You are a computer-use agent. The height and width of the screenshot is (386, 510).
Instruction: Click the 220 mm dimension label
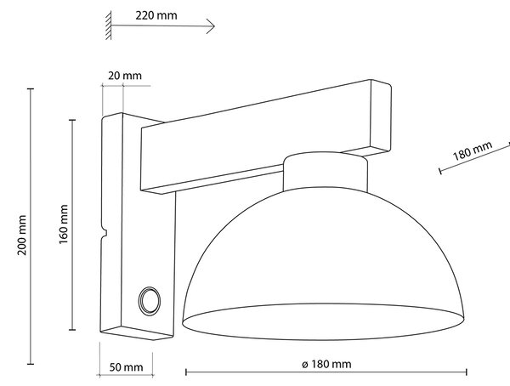pyautogui.click(x=156, y=15)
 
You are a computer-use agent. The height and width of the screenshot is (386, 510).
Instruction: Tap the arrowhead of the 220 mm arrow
pyautogui.click(x=212, y=26)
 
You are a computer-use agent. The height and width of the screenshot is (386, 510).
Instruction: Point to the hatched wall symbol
pyautogui.click(x=109, y=26)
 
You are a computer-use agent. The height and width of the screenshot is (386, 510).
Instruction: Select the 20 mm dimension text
pyautogui.click(x=125, y=76)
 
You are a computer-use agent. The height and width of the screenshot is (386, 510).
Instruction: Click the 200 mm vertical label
pyautogui.click(x=22, y=235)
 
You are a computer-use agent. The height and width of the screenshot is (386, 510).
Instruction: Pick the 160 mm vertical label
pyautogui.click(x=64, y=224)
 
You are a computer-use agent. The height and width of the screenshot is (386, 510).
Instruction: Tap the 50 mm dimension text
pyautogui.click(x=126, y=367)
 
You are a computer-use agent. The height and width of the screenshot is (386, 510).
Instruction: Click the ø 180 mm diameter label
pyautogui.click(x=326, y=364)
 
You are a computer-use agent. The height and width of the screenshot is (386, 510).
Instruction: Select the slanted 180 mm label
pyautogui.click(x=473, y=150)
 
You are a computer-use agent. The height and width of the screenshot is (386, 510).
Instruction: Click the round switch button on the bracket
pyautogui.click(x=150, y=301)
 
